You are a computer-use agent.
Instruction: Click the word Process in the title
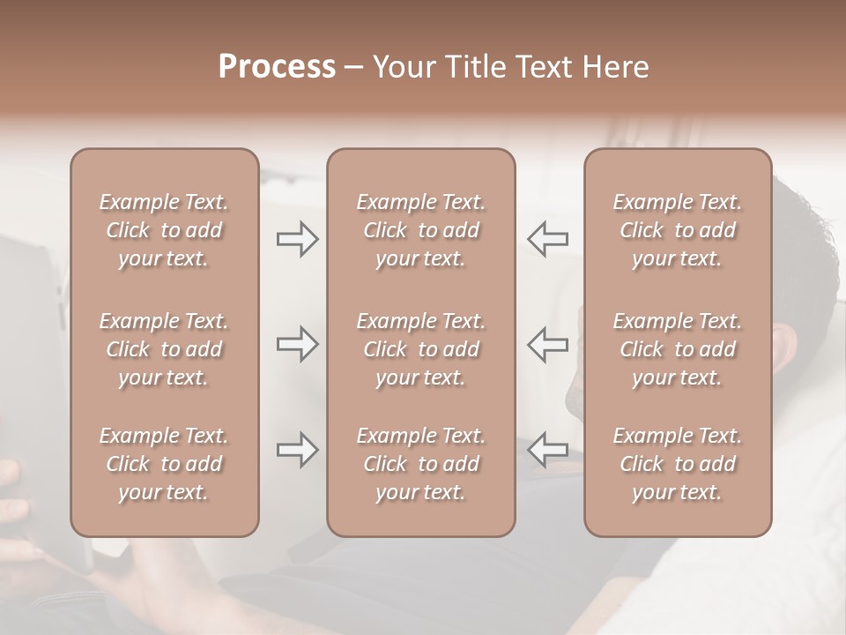(277, 67)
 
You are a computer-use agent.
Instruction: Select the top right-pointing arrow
(297, 239)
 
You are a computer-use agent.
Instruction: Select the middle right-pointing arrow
(297, 343)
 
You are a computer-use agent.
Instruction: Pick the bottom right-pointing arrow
(297, 450)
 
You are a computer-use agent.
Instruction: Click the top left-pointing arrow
(547, 239)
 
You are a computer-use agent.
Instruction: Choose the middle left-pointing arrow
(547, 343)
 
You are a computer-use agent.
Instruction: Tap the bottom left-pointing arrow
(547, 450)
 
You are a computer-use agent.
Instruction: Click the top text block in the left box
(164, 230)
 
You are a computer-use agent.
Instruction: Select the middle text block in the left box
(164, 349)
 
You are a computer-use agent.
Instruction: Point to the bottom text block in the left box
(164, 464)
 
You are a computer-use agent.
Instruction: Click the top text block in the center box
(420, 230)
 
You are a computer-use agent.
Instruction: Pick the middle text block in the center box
(420, 349)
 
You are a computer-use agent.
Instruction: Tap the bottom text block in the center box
(420, 464)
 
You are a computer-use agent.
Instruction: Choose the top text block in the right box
(677, 230)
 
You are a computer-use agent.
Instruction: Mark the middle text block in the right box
(677, 349)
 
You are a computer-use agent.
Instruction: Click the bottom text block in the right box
(677, 464)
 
